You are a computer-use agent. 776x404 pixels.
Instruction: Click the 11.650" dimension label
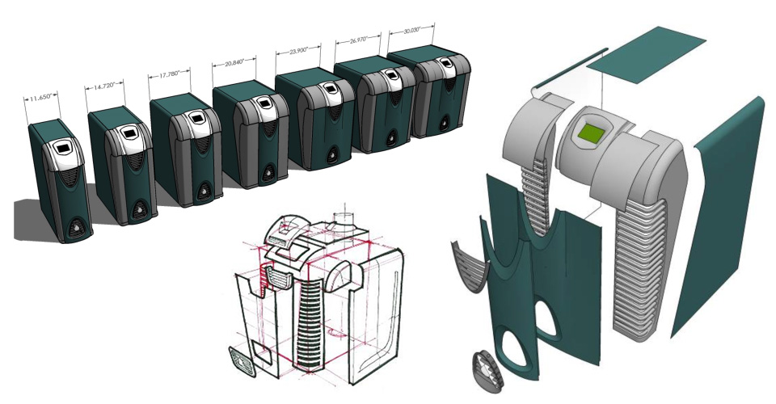tap(41, 98)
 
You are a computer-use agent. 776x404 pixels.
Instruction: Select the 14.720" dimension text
tap(104, 86)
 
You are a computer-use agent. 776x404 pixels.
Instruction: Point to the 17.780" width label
tap(169, 75)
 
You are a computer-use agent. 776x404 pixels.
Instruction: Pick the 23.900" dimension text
tap(298, 50)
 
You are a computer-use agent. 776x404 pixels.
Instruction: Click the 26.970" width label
tap(359, 40)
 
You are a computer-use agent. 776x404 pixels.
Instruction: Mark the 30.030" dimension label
tap(411, 31)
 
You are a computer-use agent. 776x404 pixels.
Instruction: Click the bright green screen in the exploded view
tap(591, 133)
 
